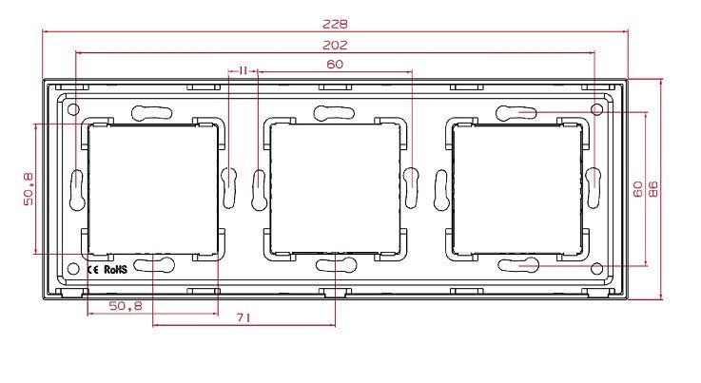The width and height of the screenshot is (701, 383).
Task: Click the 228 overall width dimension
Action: click(x=335, y=24)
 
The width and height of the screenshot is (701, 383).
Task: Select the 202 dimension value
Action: click(x=335, y=45)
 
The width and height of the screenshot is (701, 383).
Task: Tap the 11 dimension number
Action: click(x=243, y=70)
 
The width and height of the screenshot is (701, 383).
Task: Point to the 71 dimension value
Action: click(x=243, y=317)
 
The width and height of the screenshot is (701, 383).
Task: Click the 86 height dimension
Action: click(x=653, y=189)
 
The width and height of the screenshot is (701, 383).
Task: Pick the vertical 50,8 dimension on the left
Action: click(x=29, y=189)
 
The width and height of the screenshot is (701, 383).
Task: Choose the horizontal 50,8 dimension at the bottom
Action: click(x=126, y=306)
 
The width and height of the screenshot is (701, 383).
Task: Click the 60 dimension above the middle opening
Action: click(x=335, y=65)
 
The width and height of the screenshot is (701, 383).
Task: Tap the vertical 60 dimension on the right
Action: click(x=638, y=189)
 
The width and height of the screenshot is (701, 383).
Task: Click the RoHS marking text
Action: click(x=115, y=270)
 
